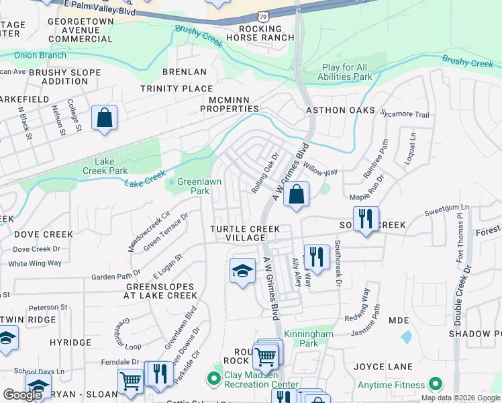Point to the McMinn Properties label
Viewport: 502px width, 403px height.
pos(230,103)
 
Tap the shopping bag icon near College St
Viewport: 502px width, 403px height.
pos(105,118)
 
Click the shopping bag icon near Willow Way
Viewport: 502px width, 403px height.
pos(296,195)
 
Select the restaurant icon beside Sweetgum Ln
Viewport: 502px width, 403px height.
pos(366,218)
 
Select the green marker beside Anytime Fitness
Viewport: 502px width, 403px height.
pos(436,385)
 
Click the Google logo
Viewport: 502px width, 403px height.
pos(22,395)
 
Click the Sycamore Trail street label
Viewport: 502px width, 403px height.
pos(404,115)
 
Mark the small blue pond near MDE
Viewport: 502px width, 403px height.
pos(405,336)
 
